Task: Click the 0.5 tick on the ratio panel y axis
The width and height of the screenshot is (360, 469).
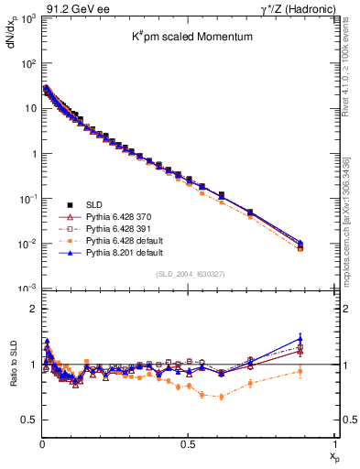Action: pyautogui.click(x=28, y=420)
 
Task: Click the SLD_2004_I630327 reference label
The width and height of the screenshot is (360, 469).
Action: pyautogui.click(x=187, y=275)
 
